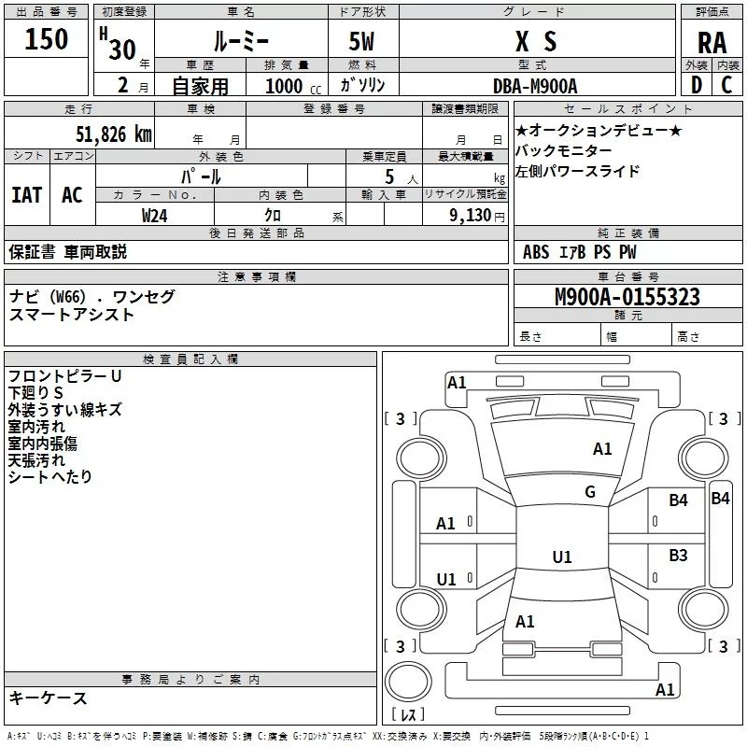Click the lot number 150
tap(47, 39)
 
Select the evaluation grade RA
tap(712, 42)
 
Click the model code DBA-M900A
tap(535, 86)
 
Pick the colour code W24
tap(155, 215)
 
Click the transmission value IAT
tap(26, 194)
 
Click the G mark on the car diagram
tap(590, 492)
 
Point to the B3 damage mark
tap(678, 556)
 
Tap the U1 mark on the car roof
tap(561, 557)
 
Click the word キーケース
tap(48, 698)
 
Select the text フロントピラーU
tap(64, 376)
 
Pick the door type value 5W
tap(363, 41)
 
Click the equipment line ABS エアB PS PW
tap(581, 252)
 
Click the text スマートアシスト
tap(71, 315)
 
